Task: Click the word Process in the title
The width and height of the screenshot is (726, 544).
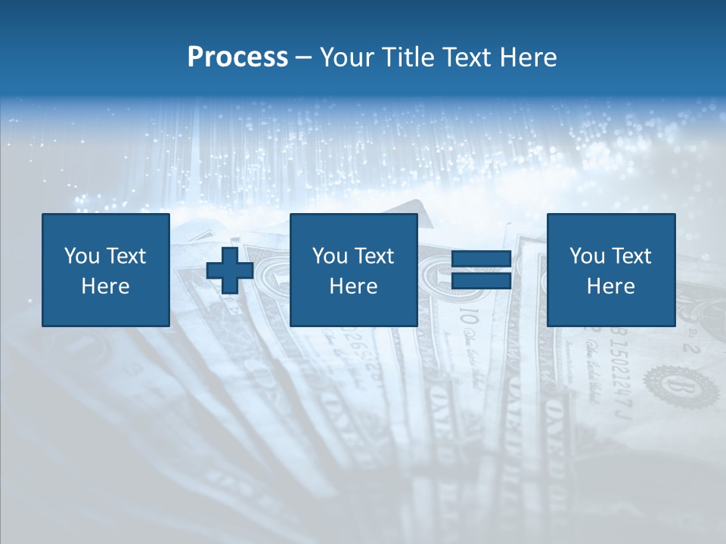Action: (237, 57)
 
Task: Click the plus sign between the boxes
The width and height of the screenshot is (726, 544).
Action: (230, 270)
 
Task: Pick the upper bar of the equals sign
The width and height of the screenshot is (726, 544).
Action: (481, 260)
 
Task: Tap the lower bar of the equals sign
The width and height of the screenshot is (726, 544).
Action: (481, 281)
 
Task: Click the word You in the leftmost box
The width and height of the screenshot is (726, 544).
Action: (82, 256)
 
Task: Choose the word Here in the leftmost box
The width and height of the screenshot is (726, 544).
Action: (105, 286)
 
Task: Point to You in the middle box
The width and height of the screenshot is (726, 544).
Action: (330, 256)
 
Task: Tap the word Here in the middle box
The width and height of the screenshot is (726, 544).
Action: (353, 286)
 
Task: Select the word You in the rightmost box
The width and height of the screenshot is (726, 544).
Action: (587, 256)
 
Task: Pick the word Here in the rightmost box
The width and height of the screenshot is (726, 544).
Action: (610, 286)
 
